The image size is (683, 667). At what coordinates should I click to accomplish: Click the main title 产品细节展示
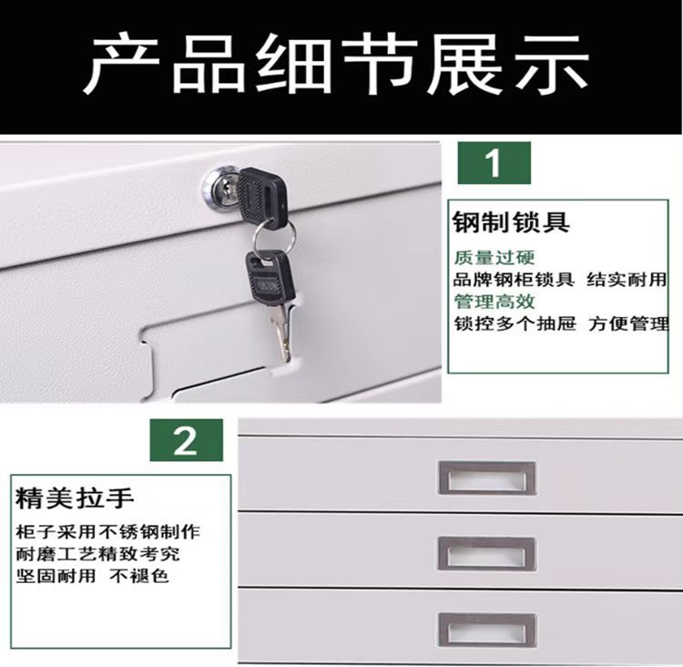335,65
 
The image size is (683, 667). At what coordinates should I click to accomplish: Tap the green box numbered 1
494,162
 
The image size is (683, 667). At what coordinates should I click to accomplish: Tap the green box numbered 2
186,440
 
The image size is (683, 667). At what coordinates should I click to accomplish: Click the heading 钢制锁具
511,222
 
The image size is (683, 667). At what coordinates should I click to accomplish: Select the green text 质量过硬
494,257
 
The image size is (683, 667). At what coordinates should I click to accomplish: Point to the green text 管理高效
494,302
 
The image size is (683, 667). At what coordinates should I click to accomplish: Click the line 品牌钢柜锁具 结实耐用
560,280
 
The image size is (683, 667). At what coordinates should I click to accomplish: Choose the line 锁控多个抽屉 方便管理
561,323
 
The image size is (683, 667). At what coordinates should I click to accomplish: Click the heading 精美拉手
75,498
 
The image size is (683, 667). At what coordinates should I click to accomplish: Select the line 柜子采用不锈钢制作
108,532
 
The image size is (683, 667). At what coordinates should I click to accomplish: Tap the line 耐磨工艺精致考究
98,554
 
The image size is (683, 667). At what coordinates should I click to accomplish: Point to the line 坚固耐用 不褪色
92,576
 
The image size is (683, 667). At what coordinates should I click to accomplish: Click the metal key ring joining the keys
274,239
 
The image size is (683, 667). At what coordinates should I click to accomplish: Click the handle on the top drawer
487,477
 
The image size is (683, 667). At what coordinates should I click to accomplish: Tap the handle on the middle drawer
487,553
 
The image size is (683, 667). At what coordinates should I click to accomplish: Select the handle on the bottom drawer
487,630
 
